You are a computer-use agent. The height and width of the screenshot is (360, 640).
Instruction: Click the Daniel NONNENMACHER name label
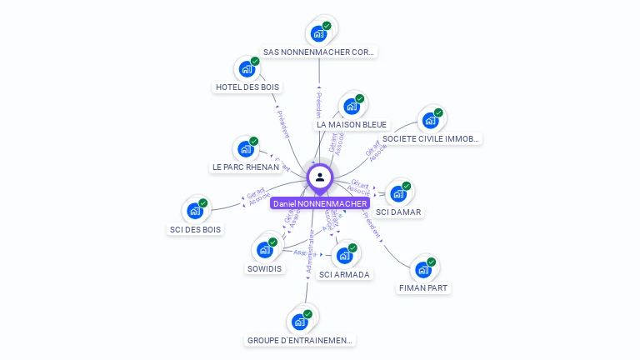pos(320,203)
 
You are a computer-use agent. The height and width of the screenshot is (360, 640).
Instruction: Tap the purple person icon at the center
pos(320,177)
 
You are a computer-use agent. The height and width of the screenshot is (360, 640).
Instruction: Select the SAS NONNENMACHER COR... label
pos(319,52)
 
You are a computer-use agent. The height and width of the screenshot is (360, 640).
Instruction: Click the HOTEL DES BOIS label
pos(247,87)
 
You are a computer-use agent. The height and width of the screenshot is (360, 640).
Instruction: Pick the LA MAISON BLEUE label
pos(352,124)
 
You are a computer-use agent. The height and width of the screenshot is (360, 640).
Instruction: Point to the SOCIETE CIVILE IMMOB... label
pos(430,138)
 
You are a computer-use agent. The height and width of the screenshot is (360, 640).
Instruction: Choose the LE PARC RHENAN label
pos(245,167)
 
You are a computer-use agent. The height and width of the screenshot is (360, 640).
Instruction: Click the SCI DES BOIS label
pos(196,229)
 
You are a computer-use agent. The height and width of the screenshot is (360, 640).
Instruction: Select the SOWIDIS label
pos(264,268)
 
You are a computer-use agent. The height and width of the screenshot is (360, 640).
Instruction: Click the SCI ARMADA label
pos(344,274)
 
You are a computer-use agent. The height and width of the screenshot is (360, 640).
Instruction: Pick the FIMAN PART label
pos(424,288)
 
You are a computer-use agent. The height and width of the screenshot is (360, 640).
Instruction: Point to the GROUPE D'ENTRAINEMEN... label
pos(300,340)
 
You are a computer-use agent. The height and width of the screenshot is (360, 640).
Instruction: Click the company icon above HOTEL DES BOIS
pos(247,68)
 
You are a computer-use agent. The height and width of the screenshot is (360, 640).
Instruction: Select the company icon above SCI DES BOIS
pos(195,211)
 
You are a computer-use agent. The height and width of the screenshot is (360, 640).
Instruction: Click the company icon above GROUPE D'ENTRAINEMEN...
pos(300,322)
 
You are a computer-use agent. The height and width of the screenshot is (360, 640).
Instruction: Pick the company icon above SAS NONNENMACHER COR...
pos(318,33)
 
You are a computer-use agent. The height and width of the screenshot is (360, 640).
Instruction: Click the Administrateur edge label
pos(310,252)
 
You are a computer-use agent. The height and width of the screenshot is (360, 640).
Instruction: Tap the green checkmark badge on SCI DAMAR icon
pos(407,186)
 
